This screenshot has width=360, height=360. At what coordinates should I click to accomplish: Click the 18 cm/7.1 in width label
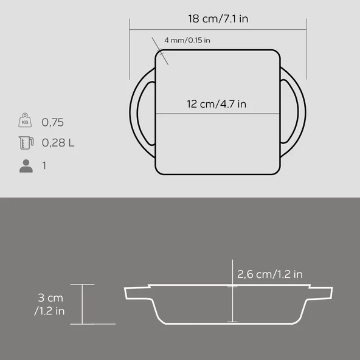point(218,19)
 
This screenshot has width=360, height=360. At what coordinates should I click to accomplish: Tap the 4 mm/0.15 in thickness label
point(187,40)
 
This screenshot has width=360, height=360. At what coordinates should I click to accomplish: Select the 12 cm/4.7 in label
point(216,104)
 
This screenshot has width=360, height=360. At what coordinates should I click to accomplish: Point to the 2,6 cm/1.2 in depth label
point(270,274)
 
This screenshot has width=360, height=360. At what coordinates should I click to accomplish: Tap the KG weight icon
point(25,120)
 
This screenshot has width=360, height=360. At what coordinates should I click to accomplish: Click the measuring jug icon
point(26,142)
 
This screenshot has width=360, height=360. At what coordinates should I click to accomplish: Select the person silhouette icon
point(26,166)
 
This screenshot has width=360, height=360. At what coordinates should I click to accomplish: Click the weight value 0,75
point(52,122)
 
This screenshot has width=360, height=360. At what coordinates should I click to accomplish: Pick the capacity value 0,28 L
point(58,143)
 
